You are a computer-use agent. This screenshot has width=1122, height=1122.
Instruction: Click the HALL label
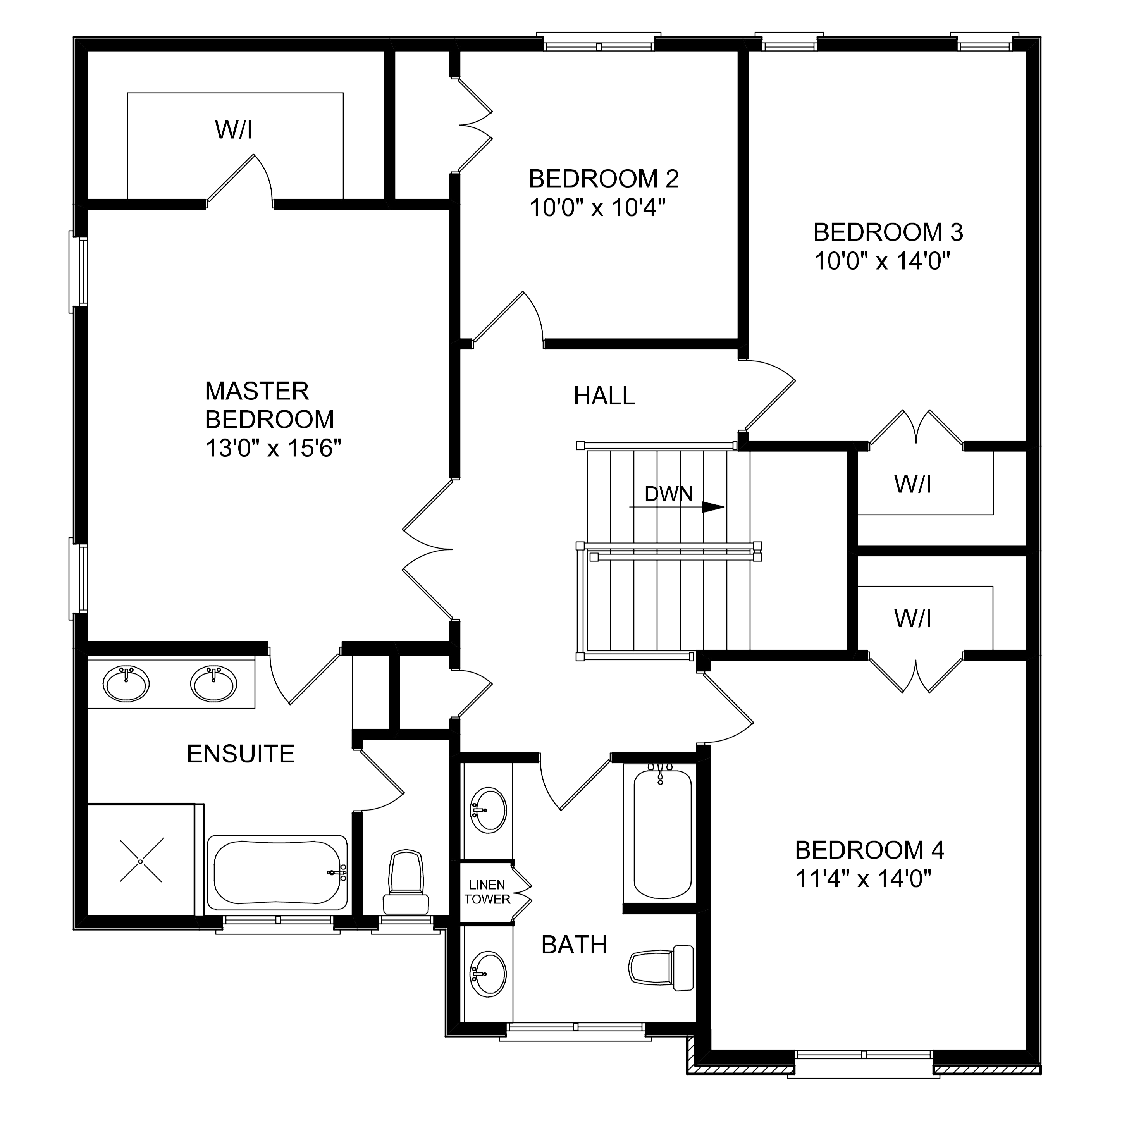[604, 396]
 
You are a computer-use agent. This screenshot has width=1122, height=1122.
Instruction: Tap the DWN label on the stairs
[668, 494]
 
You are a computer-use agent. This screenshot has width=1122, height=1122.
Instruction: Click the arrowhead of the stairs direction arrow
[714, 506]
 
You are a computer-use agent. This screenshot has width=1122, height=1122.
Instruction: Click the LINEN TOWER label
[489, 892]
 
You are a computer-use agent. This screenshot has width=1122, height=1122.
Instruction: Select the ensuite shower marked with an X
[141, 860]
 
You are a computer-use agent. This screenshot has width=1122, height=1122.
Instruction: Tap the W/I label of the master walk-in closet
[234, 130]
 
